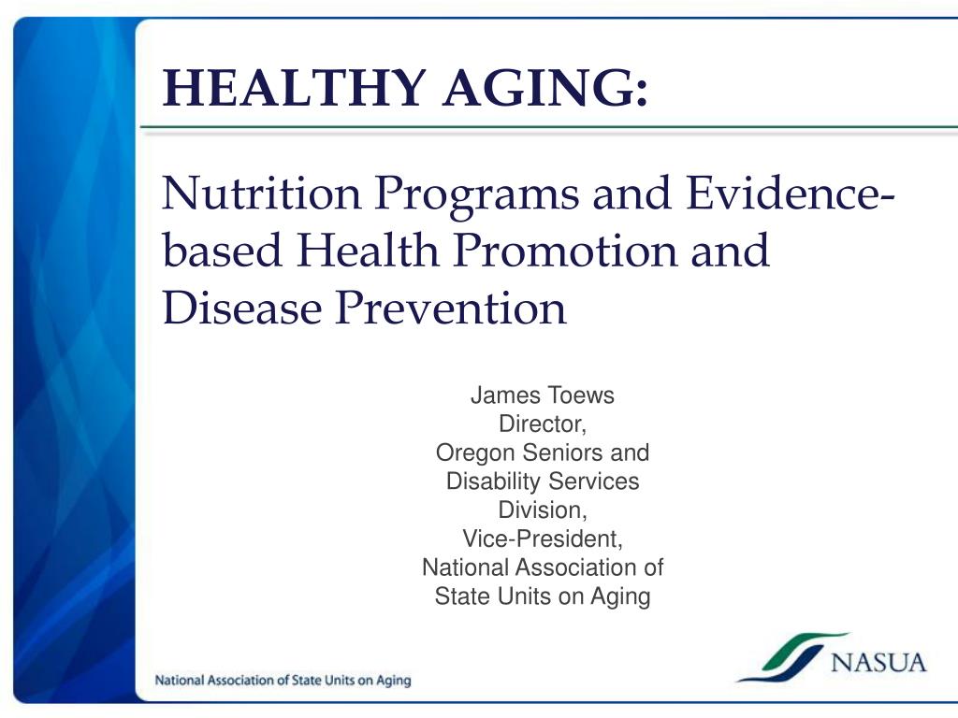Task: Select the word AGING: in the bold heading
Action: pyautogui.click(x=544, y=89)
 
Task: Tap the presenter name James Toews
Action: pyautogui.click(x=542, y=395)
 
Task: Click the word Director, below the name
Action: pyautogui.click(x=542, y=424)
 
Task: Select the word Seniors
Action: pyautogui.click(x=561, y=453)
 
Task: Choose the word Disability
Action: pyautogui.click(x=492, y=482)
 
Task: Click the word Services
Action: pyautogui.click(x=596, y=482)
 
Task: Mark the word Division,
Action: pyautogui.click(x=542, y=511)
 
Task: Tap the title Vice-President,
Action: pyautogui.click(x=542, y=539)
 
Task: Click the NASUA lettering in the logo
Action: pyautogui.click(x=878, y=663)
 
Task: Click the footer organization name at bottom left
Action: pyautogui.click(x=283, y=681)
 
